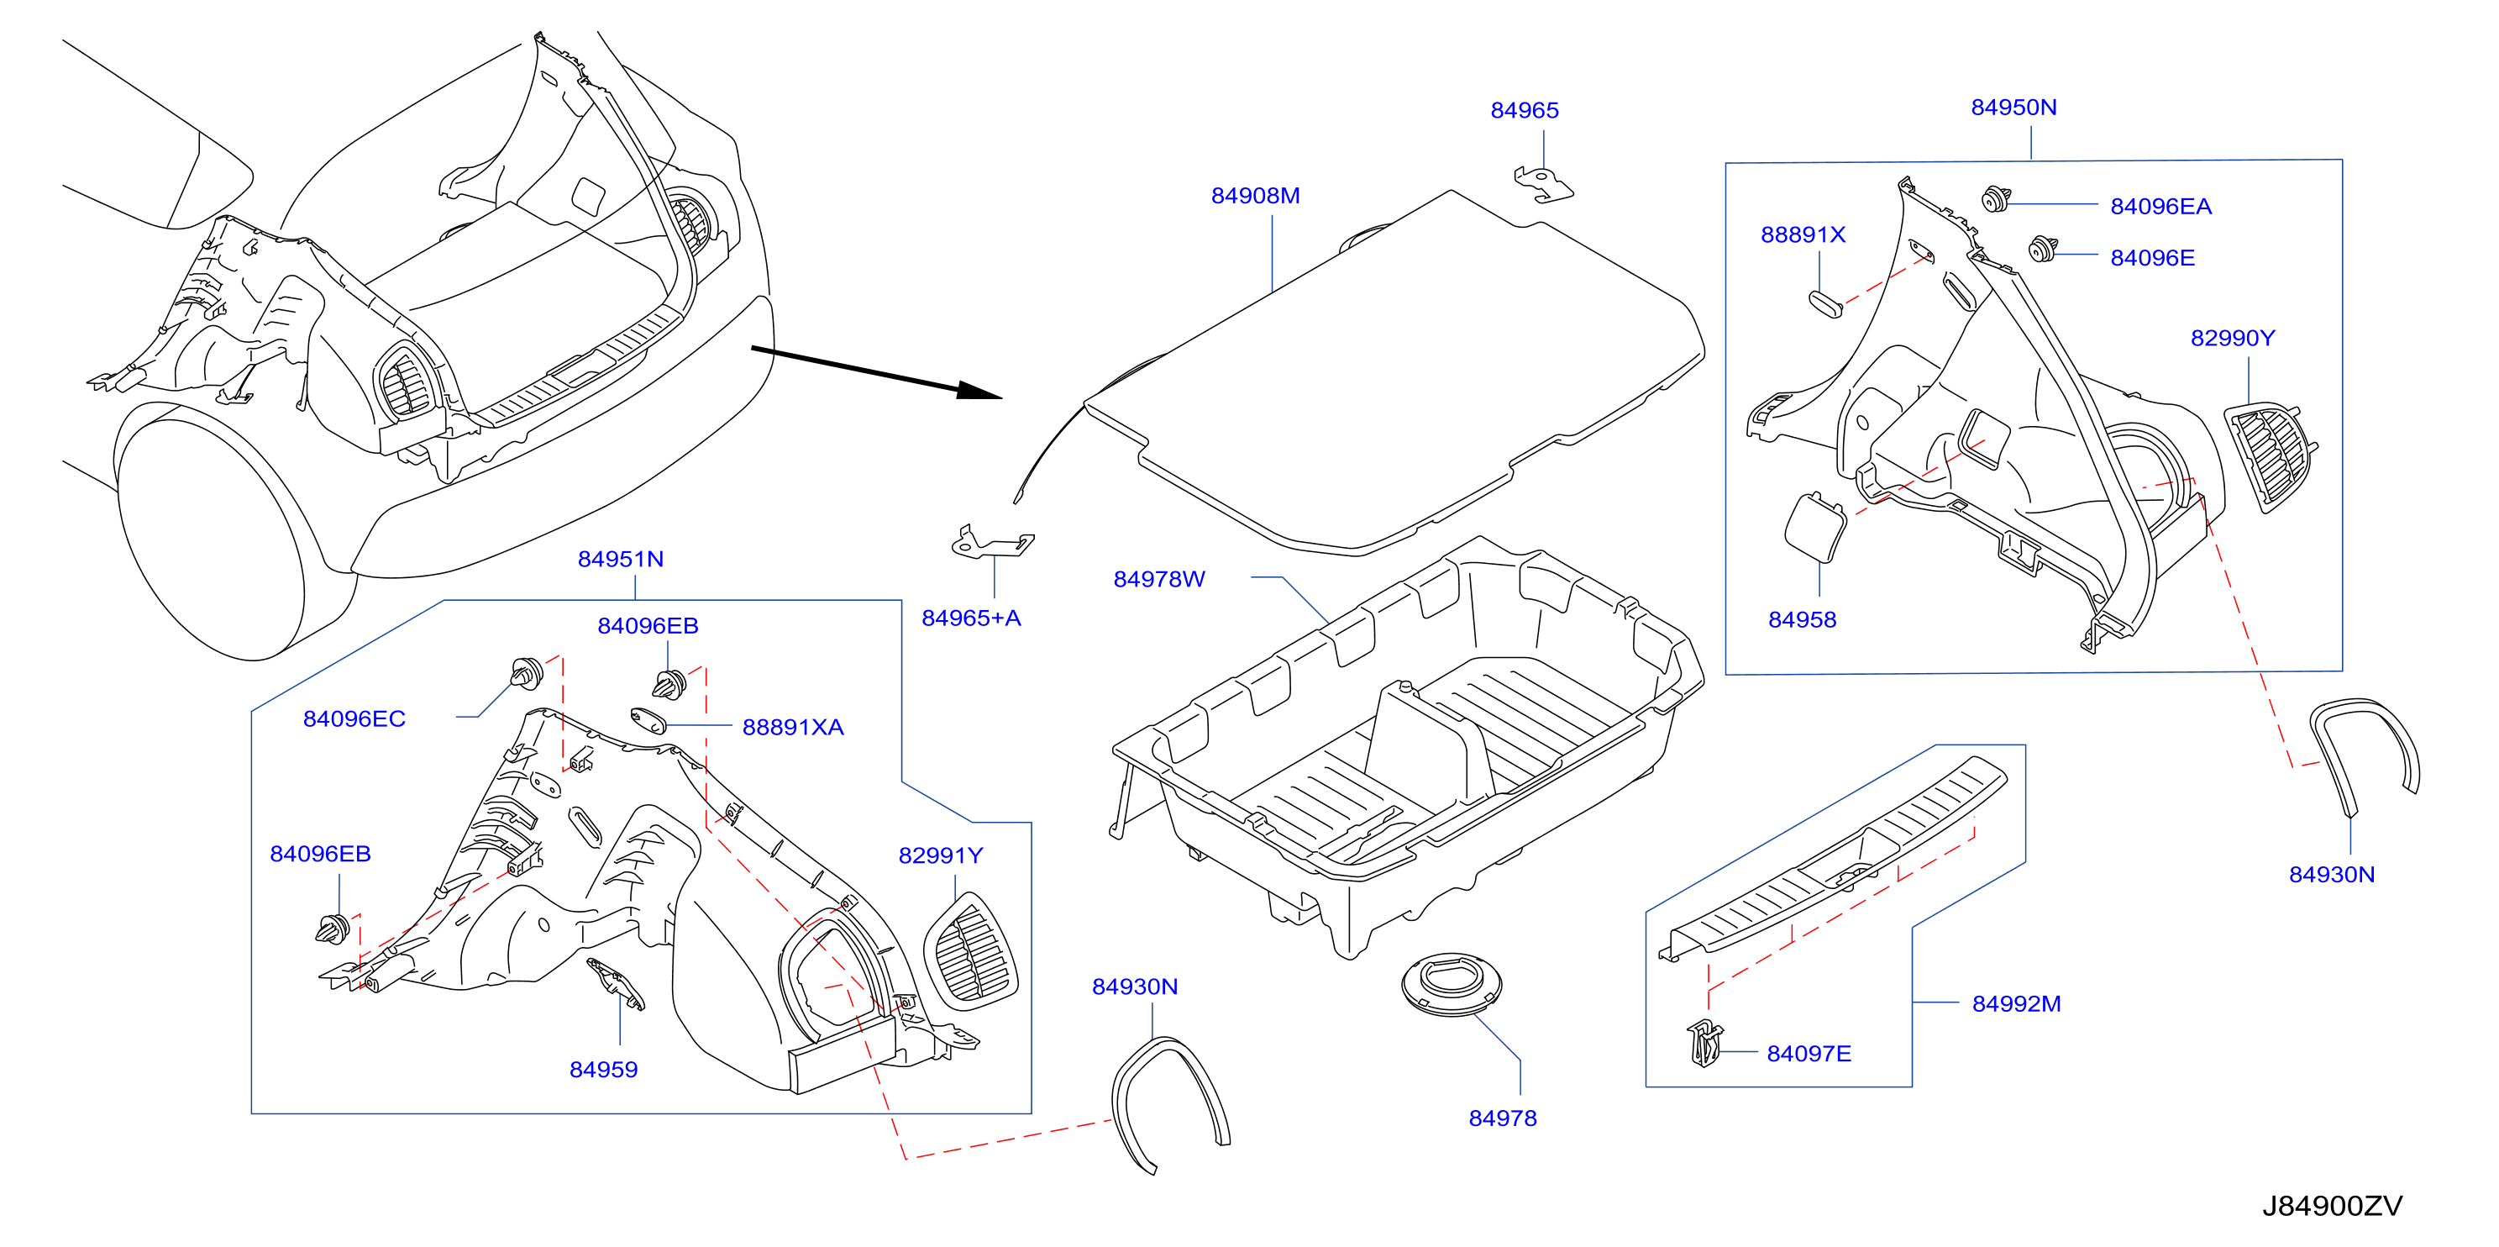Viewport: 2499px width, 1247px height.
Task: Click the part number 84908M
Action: (x=1255, y=196)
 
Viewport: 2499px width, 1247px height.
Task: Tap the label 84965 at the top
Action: (x=1524, y=111)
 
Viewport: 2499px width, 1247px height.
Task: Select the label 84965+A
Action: (x=971, y=618)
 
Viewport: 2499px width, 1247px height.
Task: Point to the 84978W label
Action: (x=1159, y=579)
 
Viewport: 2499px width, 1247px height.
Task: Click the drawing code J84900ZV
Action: (x=2332, y=1206)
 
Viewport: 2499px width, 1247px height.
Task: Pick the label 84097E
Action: (x=1809, y=1054)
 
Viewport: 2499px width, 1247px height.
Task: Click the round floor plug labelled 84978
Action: (x=1452, y=984)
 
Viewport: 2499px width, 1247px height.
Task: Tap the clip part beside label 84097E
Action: (x=1704, y=1042)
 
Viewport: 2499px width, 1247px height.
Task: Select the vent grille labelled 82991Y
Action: (x=970, y=951)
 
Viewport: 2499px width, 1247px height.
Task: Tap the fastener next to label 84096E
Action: (x=2042, y=249)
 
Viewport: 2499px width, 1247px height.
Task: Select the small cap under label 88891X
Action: (x=1824, y=303)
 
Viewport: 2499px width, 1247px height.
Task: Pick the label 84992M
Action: (x=2016, y=1004)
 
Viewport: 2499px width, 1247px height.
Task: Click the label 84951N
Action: (x=621, y=559)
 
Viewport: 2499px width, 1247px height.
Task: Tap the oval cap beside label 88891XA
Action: (x=648, y=721)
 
